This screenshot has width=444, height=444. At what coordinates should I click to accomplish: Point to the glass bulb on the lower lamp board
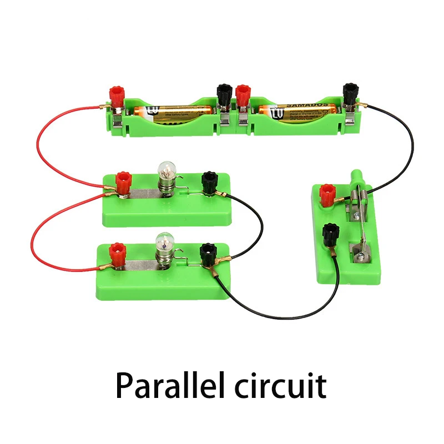165,242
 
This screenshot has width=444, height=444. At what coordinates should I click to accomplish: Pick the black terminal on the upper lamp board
209,181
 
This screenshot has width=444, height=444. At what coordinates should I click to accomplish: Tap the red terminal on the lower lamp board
118,254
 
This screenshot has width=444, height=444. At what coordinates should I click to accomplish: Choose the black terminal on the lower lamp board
209,253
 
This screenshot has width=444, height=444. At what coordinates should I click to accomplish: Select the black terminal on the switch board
330,233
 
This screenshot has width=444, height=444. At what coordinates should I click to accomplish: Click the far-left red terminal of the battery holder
118,96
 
